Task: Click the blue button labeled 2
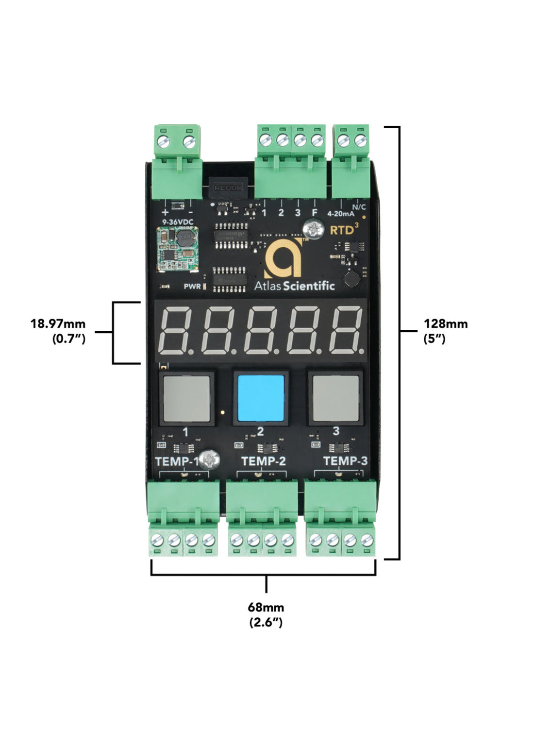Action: click(x=260, y=398)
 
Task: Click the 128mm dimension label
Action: click(x=445, y=324)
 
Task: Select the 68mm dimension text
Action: click(x=266, y=607)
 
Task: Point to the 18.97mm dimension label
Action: click(x=58, y=323)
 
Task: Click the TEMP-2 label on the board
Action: click(x=263, y=461)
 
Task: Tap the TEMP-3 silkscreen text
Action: click(x=345, y=461)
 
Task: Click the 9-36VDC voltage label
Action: click(x=178, y=222)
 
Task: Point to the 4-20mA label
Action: click(x=340, y=213)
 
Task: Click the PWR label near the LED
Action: click(x=192, y=287)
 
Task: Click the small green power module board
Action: click(x=177, y=248)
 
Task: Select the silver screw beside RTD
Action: click(x=314, y=229)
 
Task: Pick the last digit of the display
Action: click(x=347, y=330)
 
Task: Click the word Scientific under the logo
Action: click(x=309, y=286)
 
